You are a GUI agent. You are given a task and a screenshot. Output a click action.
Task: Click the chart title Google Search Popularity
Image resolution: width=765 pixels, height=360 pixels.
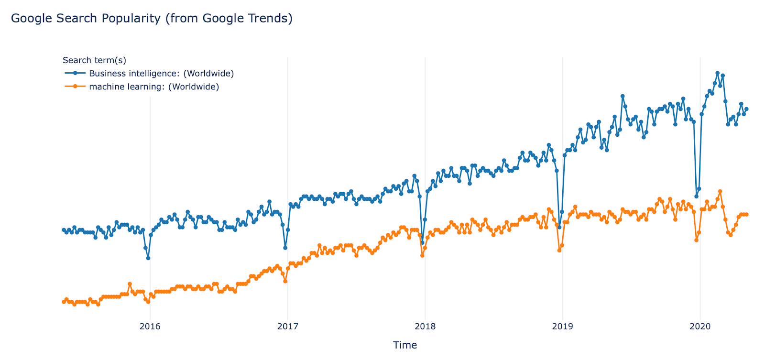click(x=151, y=18)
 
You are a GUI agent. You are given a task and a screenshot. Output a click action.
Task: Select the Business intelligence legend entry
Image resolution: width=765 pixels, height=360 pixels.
click(x=161, y=73)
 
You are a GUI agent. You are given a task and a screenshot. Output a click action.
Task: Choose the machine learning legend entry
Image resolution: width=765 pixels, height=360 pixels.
click(x=153, y=87)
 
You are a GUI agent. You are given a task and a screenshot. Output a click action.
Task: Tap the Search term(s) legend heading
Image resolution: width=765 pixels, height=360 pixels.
click(x=94, y=60)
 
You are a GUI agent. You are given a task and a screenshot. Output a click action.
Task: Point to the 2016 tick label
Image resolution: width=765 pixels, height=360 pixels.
click(x=150, y=327)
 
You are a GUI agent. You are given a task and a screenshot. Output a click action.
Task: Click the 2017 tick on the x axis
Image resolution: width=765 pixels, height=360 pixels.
click(x=287, y=327)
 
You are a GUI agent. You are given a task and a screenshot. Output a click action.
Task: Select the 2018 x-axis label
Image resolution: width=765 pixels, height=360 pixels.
click(x=425, y=327)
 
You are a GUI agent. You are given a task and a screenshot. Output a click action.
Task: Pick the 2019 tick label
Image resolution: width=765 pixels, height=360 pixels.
click(x=562, y=327)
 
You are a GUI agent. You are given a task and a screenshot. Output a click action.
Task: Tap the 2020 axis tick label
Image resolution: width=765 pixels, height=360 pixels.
click(x=700, y=327)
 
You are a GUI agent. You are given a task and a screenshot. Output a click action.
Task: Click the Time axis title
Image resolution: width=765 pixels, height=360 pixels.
click(x=404, y=345)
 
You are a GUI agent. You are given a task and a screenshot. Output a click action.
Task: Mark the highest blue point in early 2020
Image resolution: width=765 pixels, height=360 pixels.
click(x=717, y=73)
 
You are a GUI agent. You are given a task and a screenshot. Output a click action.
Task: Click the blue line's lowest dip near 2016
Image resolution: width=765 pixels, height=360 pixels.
click(x=148, y=258)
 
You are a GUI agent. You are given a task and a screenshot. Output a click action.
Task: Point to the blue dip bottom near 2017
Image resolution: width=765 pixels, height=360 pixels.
click(x=285, y=248)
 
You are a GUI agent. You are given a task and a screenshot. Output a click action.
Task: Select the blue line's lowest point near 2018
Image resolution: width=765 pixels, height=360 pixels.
click(x=422, y=243)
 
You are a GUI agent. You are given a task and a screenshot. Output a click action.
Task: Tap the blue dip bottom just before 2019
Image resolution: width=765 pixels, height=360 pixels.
click(x=559, y=227)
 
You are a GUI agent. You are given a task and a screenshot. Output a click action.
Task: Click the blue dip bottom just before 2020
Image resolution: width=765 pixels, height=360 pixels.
click(x=696, y=196)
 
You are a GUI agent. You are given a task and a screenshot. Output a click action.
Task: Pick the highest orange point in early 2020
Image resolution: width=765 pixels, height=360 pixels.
click(x=720, y=191)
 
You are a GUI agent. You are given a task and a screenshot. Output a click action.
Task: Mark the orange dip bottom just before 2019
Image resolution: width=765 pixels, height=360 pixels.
click(x=559, y=251)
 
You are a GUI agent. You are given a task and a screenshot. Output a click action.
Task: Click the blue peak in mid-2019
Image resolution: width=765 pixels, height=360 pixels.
click(x=623, y=96)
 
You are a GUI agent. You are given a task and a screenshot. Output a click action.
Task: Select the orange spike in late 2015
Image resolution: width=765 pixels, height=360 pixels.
click(x=130, y=284)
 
